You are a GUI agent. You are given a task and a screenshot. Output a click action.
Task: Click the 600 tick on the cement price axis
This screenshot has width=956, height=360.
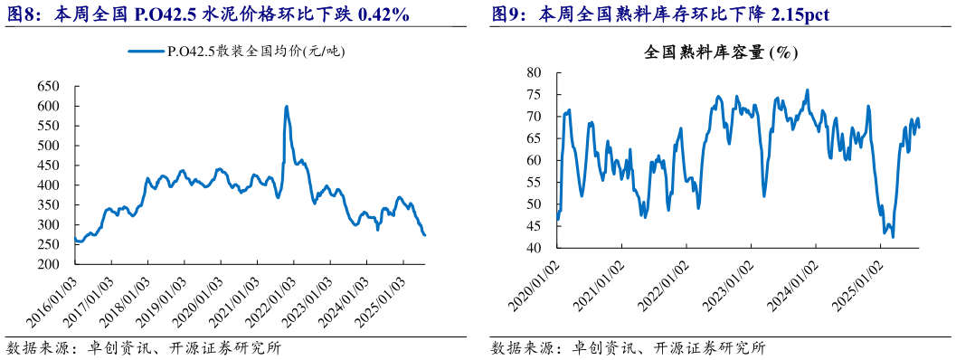click(x=48, y=106)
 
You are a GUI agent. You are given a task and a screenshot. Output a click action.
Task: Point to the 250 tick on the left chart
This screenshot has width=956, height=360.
click(x=48, y=245)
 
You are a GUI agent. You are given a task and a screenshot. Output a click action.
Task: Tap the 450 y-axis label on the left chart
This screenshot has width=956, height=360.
click(x=48, y=166)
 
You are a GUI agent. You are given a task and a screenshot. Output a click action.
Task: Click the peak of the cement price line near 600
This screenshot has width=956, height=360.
click(x=287, y=107)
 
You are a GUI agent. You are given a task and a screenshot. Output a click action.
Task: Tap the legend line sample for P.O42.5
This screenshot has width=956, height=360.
click(x=146, y=52)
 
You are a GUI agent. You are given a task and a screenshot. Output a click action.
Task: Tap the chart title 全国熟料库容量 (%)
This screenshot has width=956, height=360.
click(x=720, y=53)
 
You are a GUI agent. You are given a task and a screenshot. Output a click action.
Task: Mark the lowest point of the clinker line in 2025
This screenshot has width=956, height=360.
click(x=893, y=237)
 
